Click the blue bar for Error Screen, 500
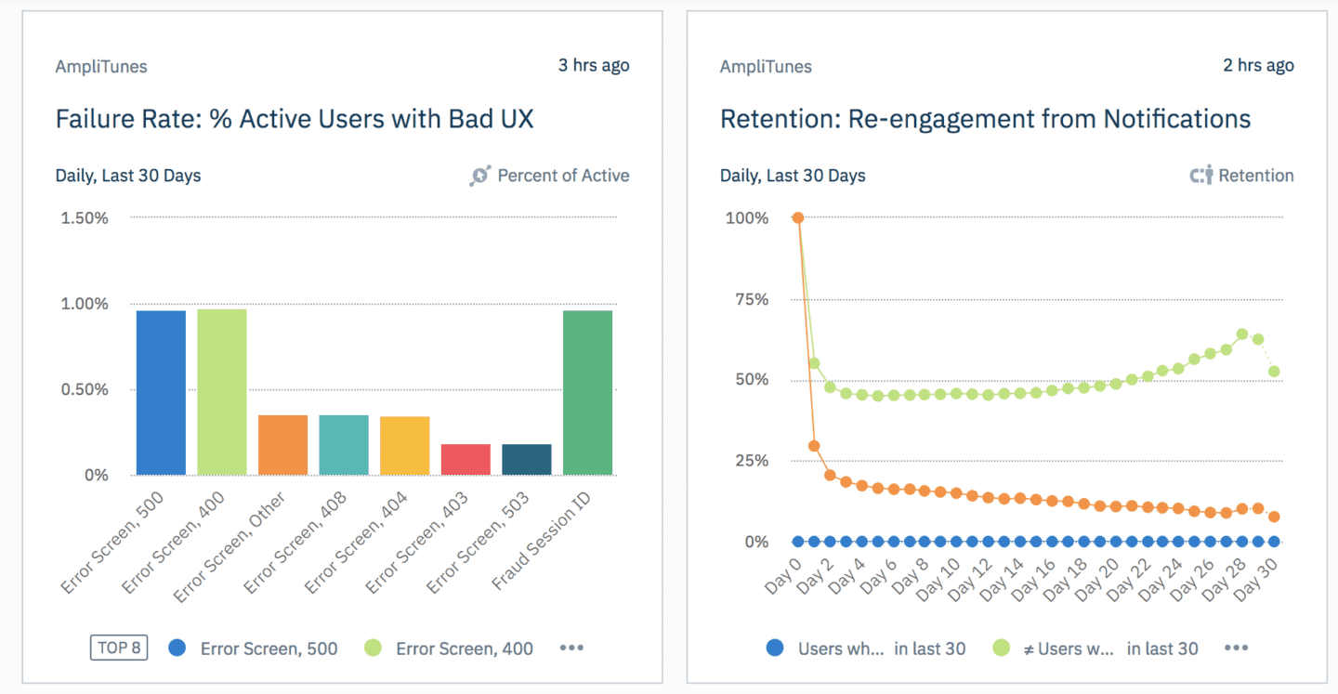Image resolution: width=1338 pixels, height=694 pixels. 161,393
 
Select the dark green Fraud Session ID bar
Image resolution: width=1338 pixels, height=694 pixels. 587,393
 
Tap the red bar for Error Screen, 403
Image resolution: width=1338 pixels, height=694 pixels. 466,460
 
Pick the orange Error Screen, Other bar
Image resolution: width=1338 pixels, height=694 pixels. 282,445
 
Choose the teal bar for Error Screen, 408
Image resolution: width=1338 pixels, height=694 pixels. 344,445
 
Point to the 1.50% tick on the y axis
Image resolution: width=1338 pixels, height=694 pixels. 85,218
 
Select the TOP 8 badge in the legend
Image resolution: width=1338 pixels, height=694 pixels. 119,648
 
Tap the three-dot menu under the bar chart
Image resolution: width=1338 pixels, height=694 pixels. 571,648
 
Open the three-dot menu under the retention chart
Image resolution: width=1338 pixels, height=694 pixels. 1236,648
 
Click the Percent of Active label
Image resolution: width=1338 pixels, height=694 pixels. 562,176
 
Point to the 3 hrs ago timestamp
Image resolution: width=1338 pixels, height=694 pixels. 593,66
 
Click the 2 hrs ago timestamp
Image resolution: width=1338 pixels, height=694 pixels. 1258,66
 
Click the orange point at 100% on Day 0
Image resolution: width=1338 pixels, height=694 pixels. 797,218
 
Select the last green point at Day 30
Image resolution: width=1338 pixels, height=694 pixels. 1274,372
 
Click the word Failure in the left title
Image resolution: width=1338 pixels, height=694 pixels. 96,119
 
